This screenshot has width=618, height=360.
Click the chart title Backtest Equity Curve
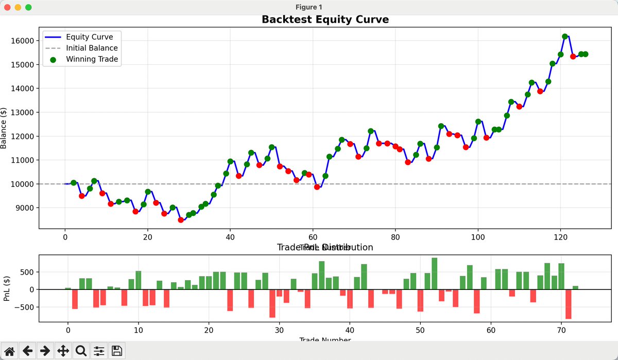click(x=325, y=20)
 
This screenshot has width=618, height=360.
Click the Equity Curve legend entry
click(x=89, y=37)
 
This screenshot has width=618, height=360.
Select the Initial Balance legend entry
click(x=92, y=48)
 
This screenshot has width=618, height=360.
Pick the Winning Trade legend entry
click(x=92, y=59)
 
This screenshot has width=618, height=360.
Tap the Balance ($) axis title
click(x=4, y=128)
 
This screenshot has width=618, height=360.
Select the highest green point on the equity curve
click(x=565, y=37)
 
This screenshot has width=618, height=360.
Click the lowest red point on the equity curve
click(x=181, y=220)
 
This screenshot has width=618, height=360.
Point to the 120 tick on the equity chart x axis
click(x=560, y=237)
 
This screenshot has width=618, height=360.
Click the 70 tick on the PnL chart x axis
click(x=561, y=330)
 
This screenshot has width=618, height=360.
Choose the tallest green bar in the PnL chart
click(x=434, y=273)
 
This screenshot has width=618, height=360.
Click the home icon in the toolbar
click(x=10, y=351)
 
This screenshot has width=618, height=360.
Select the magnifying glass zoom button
click(x=81, y=351)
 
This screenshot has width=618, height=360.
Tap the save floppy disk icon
click(x=117, y=351)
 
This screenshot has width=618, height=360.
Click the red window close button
click(x=8, y=7)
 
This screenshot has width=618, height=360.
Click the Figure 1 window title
click(x=309, y=7)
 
